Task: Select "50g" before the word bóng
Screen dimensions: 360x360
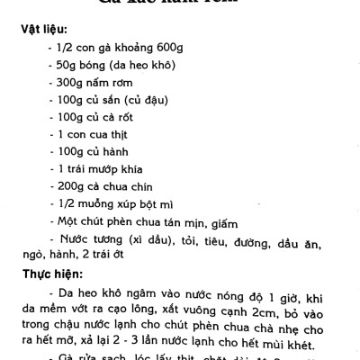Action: click(67, 69)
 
